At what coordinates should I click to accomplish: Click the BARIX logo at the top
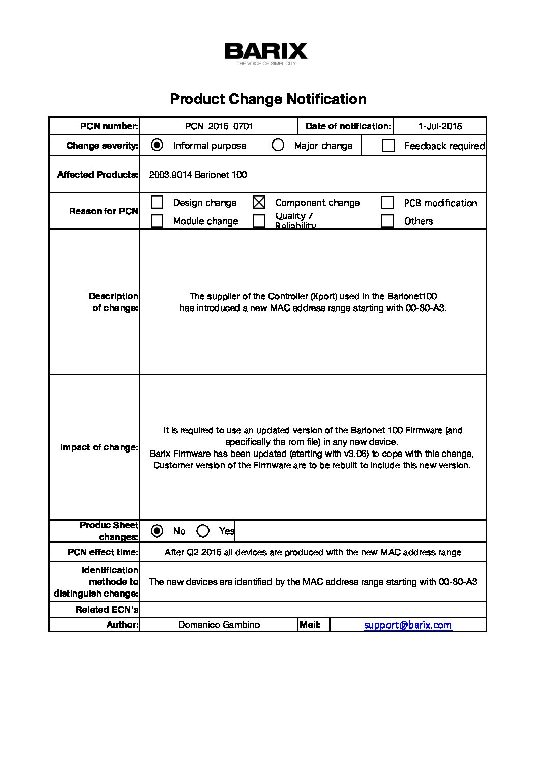click(266, 53)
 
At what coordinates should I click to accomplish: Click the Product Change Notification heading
click(268, 99)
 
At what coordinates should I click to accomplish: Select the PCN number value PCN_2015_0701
click(219, 126)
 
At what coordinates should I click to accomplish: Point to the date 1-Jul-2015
click(440, 126)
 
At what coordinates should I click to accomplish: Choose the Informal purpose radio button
click(157, 145)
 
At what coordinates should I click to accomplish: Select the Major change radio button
click(278, 145)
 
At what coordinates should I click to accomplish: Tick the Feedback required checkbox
click(388, 146)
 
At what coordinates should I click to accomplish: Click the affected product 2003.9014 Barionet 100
click(197, 175)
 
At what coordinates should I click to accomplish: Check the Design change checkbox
click(157, 202)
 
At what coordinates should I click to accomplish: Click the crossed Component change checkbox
click(259, 202)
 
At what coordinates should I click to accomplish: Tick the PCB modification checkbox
click(387, 203)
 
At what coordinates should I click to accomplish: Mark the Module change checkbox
click(157, 221)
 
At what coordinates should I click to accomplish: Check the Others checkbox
click(387, 221)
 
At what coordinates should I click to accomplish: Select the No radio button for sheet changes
click(157, 531)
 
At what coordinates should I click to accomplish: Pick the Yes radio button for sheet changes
click(203, 531)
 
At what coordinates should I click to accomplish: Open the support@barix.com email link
click(408, 625)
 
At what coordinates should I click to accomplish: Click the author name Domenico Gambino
click(219, 625)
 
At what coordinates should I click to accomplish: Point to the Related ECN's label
click(107, 610)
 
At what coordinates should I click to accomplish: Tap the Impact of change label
click(99, 447)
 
